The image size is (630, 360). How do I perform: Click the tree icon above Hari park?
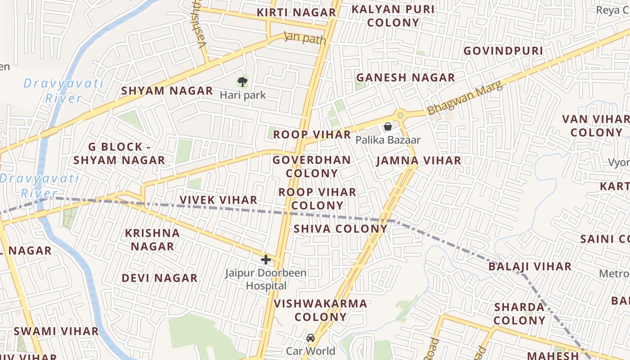(x=243, y=82)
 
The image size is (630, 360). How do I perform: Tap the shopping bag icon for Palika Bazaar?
(x=387, y=127)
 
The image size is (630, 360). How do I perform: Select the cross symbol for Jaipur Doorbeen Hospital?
(x=266, y=259)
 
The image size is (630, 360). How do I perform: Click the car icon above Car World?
(x=310, y=337)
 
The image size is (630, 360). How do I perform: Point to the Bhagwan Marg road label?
(x=464, y=98)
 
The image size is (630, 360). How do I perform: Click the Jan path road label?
(x=305, y=38)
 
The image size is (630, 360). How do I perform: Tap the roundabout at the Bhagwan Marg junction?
(x=400, y=115)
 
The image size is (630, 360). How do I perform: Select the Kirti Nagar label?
(x=296, y=13)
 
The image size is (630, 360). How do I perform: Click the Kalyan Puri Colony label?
(x=393, y=16)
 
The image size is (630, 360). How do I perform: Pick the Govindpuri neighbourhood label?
(x=503, y=51)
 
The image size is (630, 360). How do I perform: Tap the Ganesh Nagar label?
(x=405, y=78)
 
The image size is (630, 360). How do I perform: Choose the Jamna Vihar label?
(x=418, y=161)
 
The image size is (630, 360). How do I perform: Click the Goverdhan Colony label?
(x=311, y=166)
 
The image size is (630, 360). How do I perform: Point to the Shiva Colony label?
(x=340, y=229)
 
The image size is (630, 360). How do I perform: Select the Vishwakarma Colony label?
(x=320, y=310)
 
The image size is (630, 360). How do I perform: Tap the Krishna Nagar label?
(x=152, y=240)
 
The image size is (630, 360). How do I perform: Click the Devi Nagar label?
(x=159, y=278)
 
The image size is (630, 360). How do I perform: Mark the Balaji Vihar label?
(x=530, y=266)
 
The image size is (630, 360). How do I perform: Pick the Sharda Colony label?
(x=519, y=314)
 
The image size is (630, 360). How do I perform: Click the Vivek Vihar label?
(x=218, y=200)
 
